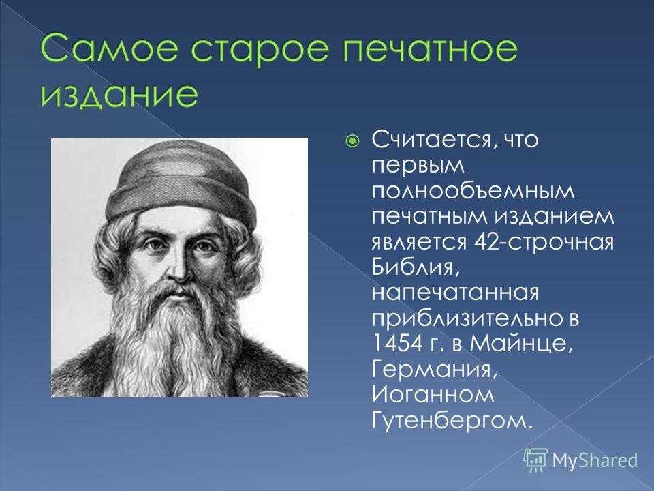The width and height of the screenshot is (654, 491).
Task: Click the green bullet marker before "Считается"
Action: pyautogui.click(x=352, y=140)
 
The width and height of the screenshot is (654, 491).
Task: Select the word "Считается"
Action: pyautogui.click(x=433, y=140)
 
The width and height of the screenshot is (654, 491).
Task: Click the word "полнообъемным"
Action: pyautogui.click(x=473, y=191)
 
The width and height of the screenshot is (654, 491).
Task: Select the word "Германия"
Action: pyautogui.click(x=434, y=370)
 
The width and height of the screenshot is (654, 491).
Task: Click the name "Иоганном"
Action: pyautogui.click(x=433, y=395)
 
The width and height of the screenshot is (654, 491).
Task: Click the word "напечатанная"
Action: pyautogui.click(x=455, y=293)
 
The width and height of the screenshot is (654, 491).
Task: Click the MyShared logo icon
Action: pyautogui.click(x=535, y=460)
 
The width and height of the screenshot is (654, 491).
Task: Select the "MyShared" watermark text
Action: pyautogui.click(x=595, y=460)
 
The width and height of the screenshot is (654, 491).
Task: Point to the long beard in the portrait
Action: pyautogui.click(x=173, y=338)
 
